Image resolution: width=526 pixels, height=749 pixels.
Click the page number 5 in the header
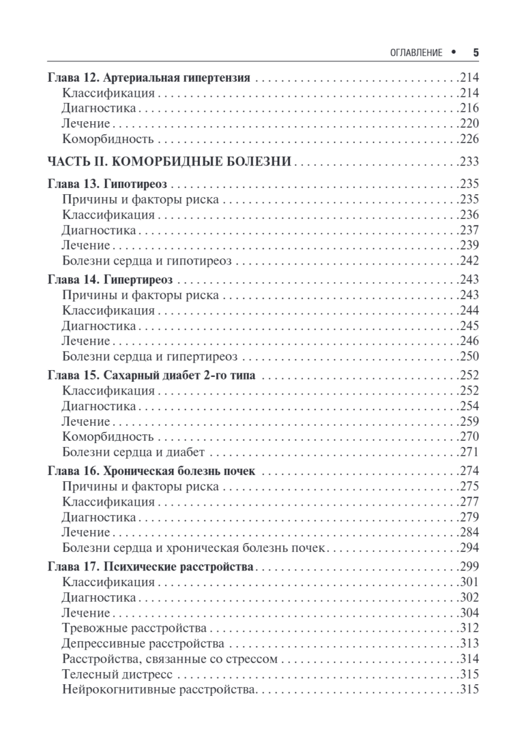coord(475,53)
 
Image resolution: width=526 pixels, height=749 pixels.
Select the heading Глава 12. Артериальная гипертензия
coord(149,79)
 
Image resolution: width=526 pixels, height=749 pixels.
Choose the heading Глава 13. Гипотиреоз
coord(110,184)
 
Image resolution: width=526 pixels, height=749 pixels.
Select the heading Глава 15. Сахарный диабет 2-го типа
coord(154,376)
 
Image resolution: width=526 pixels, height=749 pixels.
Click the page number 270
coord(468,437)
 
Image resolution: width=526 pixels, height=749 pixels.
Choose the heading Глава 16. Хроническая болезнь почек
coord(151,472)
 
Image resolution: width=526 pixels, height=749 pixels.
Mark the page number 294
coord(468,548)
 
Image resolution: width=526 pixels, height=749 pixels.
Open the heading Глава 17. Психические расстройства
coord(151,567)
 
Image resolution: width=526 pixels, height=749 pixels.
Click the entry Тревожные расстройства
coord(136,628)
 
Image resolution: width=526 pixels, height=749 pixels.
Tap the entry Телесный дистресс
coord(117,674)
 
